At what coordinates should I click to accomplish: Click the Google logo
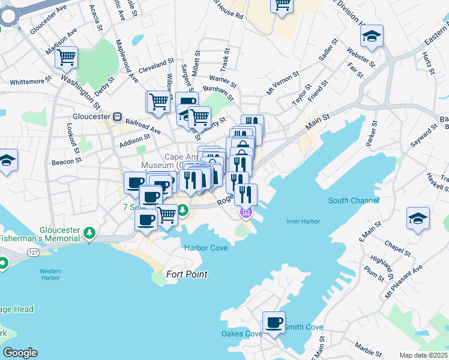pyautogui.click(x=19, y=353)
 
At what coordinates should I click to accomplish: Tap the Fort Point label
pyautogui.click(x=187, y=274)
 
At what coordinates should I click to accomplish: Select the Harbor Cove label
pyautogui.click(x=206, y=248)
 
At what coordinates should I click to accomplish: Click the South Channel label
pyautogui.click(x=354, y=200)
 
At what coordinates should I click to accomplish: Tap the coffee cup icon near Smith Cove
pyautogui.click(x=274, y=322)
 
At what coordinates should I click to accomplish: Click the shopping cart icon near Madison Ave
pyautogui.click(x=66, y=58)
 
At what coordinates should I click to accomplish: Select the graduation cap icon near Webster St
pyautogui.click(x=372, y=37)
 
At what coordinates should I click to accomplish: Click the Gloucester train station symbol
pyautogui.click(x=118, y=116)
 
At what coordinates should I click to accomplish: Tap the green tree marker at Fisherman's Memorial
pyautogui.click(x=89, y=232)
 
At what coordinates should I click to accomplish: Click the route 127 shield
pyautogui.click(x=33, y=254)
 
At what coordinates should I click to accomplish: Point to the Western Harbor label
pyautogui.click(x=51, y=275)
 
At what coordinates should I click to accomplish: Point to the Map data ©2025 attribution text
pyautogui.click(x=423, y=355)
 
